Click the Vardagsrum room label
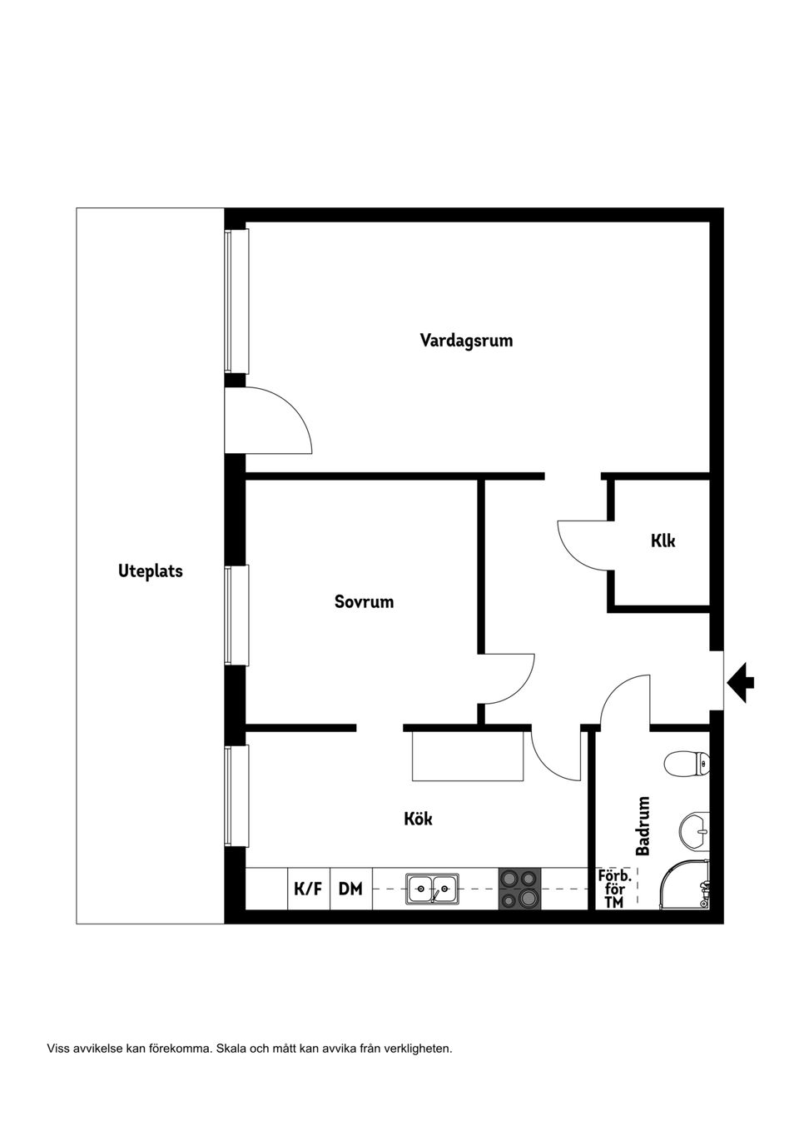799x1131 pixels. tap(466, 341)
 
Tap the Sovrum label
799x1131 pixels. tap(364, 601)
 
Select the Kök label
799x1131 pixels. tap(418, 819)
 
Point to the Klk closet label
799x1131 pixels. tap(663, 541)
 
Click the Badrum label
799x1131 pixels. tap(643, 826)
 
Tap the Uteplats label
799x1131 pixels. tap(150, 571)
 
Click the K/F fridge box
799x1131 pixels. tap(308, 889)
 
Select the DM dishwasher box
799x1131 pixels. tap(350, 889)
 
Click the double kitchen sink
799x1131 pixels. tap(432, 889)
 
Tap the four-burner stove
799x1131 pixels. tap(519, 889)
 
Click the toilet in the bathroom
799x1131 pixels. tap(687, 763)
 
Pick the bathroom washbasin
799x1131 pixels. tap(695, 830)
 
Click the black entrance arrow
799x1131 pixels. tap(741, 682)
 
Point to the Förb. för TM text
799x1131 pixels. tap(614, 889)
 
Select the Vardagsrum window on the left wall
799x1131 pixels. tap(236, 301)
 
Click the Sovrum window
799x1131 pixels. tap(236, 615)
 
